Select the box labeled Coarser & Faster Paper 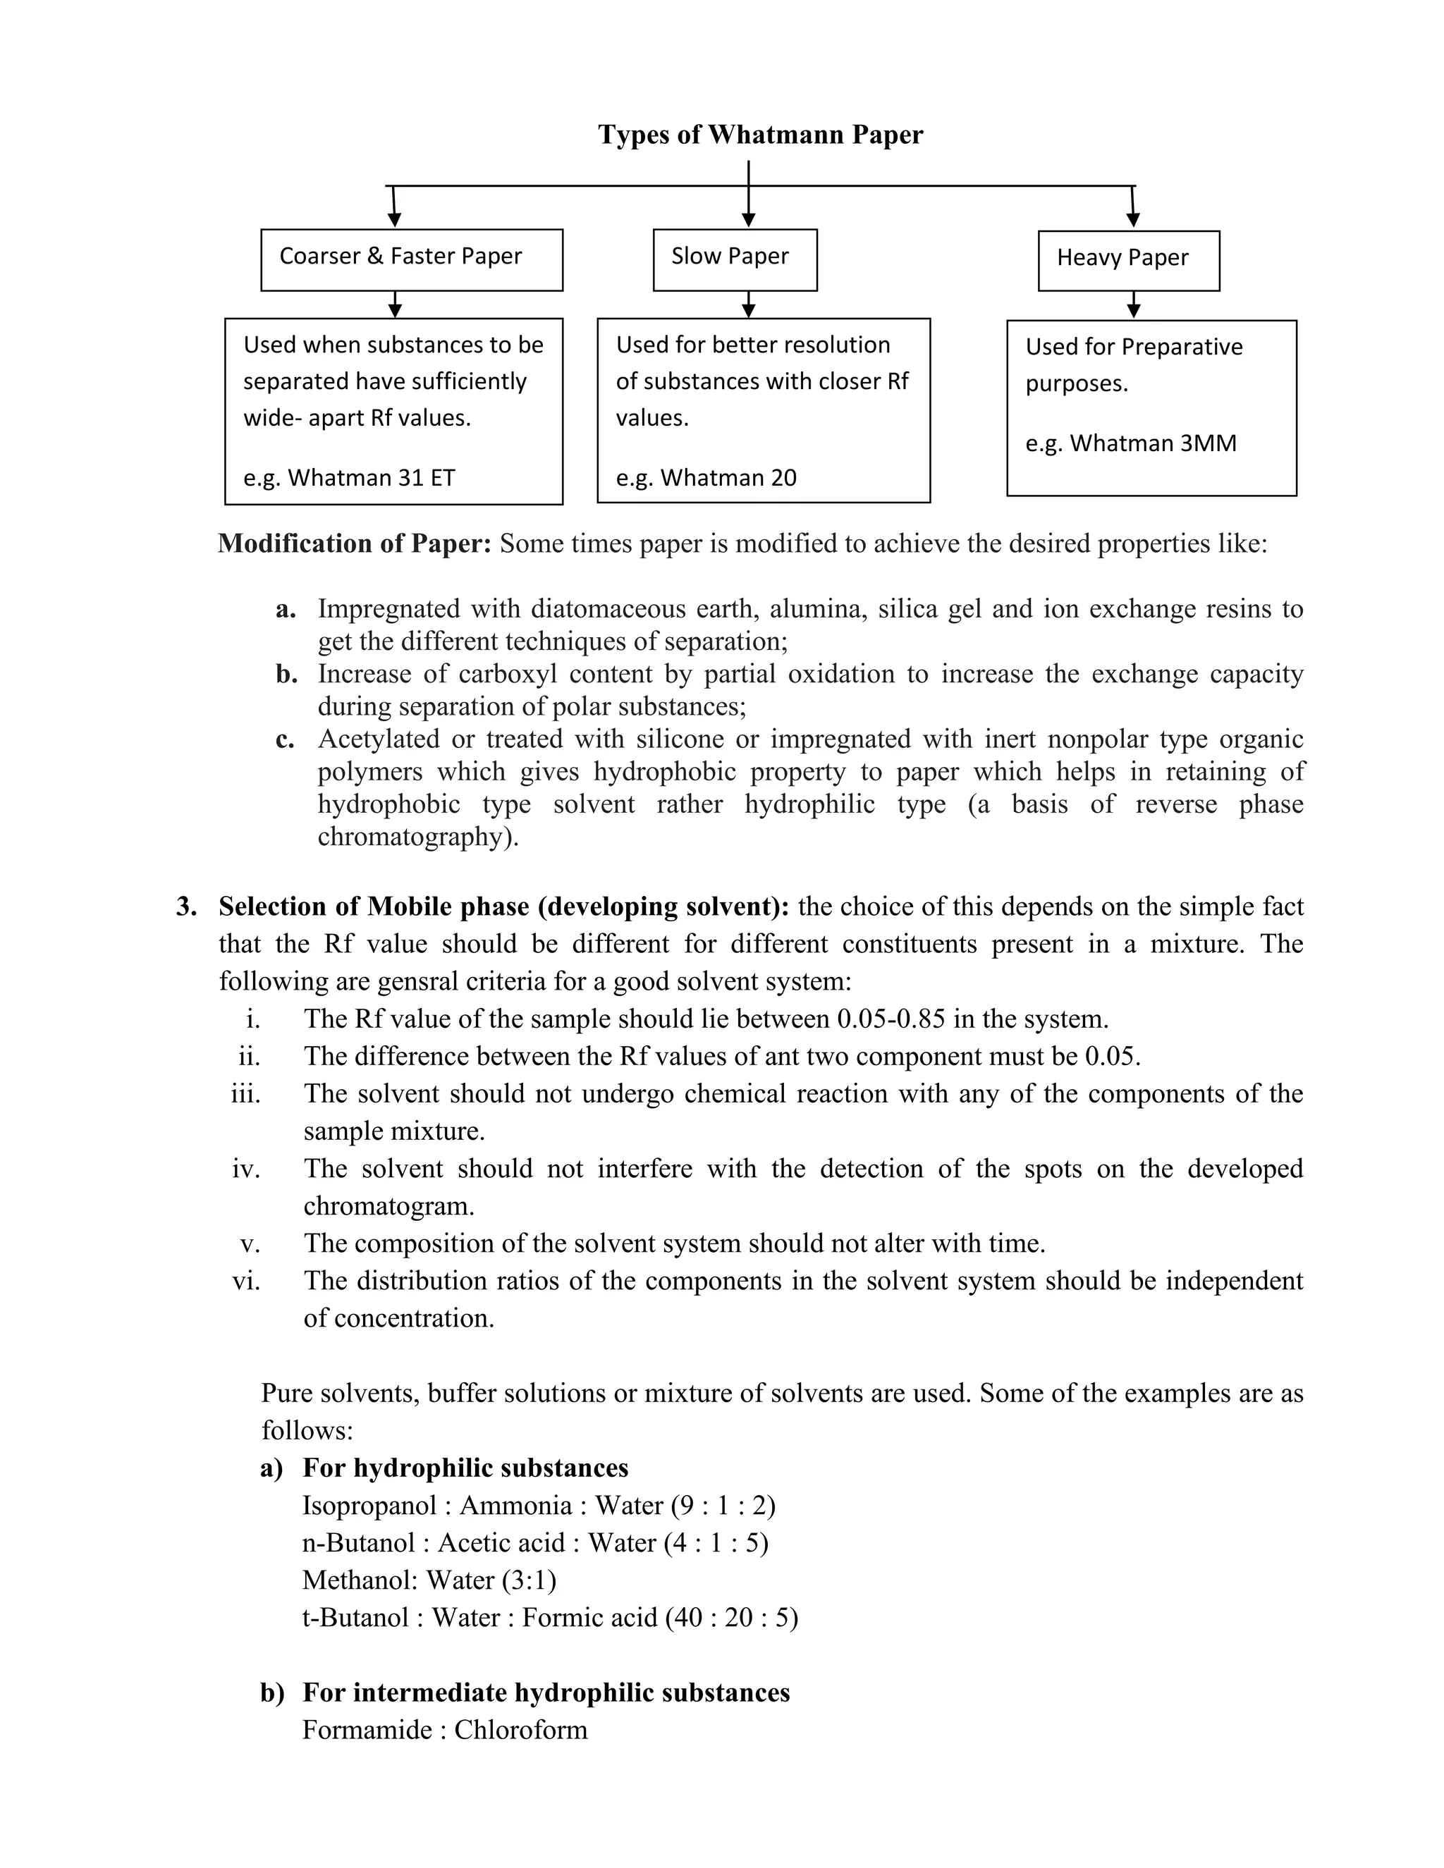click(412, 259)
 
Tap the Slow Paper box click(735, 259)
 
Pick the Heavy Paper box click(1128, 260)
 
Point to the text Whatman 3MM click(1153, 443)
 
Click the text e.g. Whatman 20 click(706, 477)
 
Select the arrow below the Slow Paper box click(749, 305)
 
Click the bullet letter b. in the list click(286, 674)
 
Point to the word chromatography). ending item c click(418, 837)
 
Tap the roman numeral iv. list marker click(246, 1168)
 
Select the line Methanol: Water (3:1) click(429, 1580)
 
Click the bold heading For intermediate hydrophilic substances click(546, 1692)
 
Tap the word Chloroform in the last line click(521, 1729)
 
